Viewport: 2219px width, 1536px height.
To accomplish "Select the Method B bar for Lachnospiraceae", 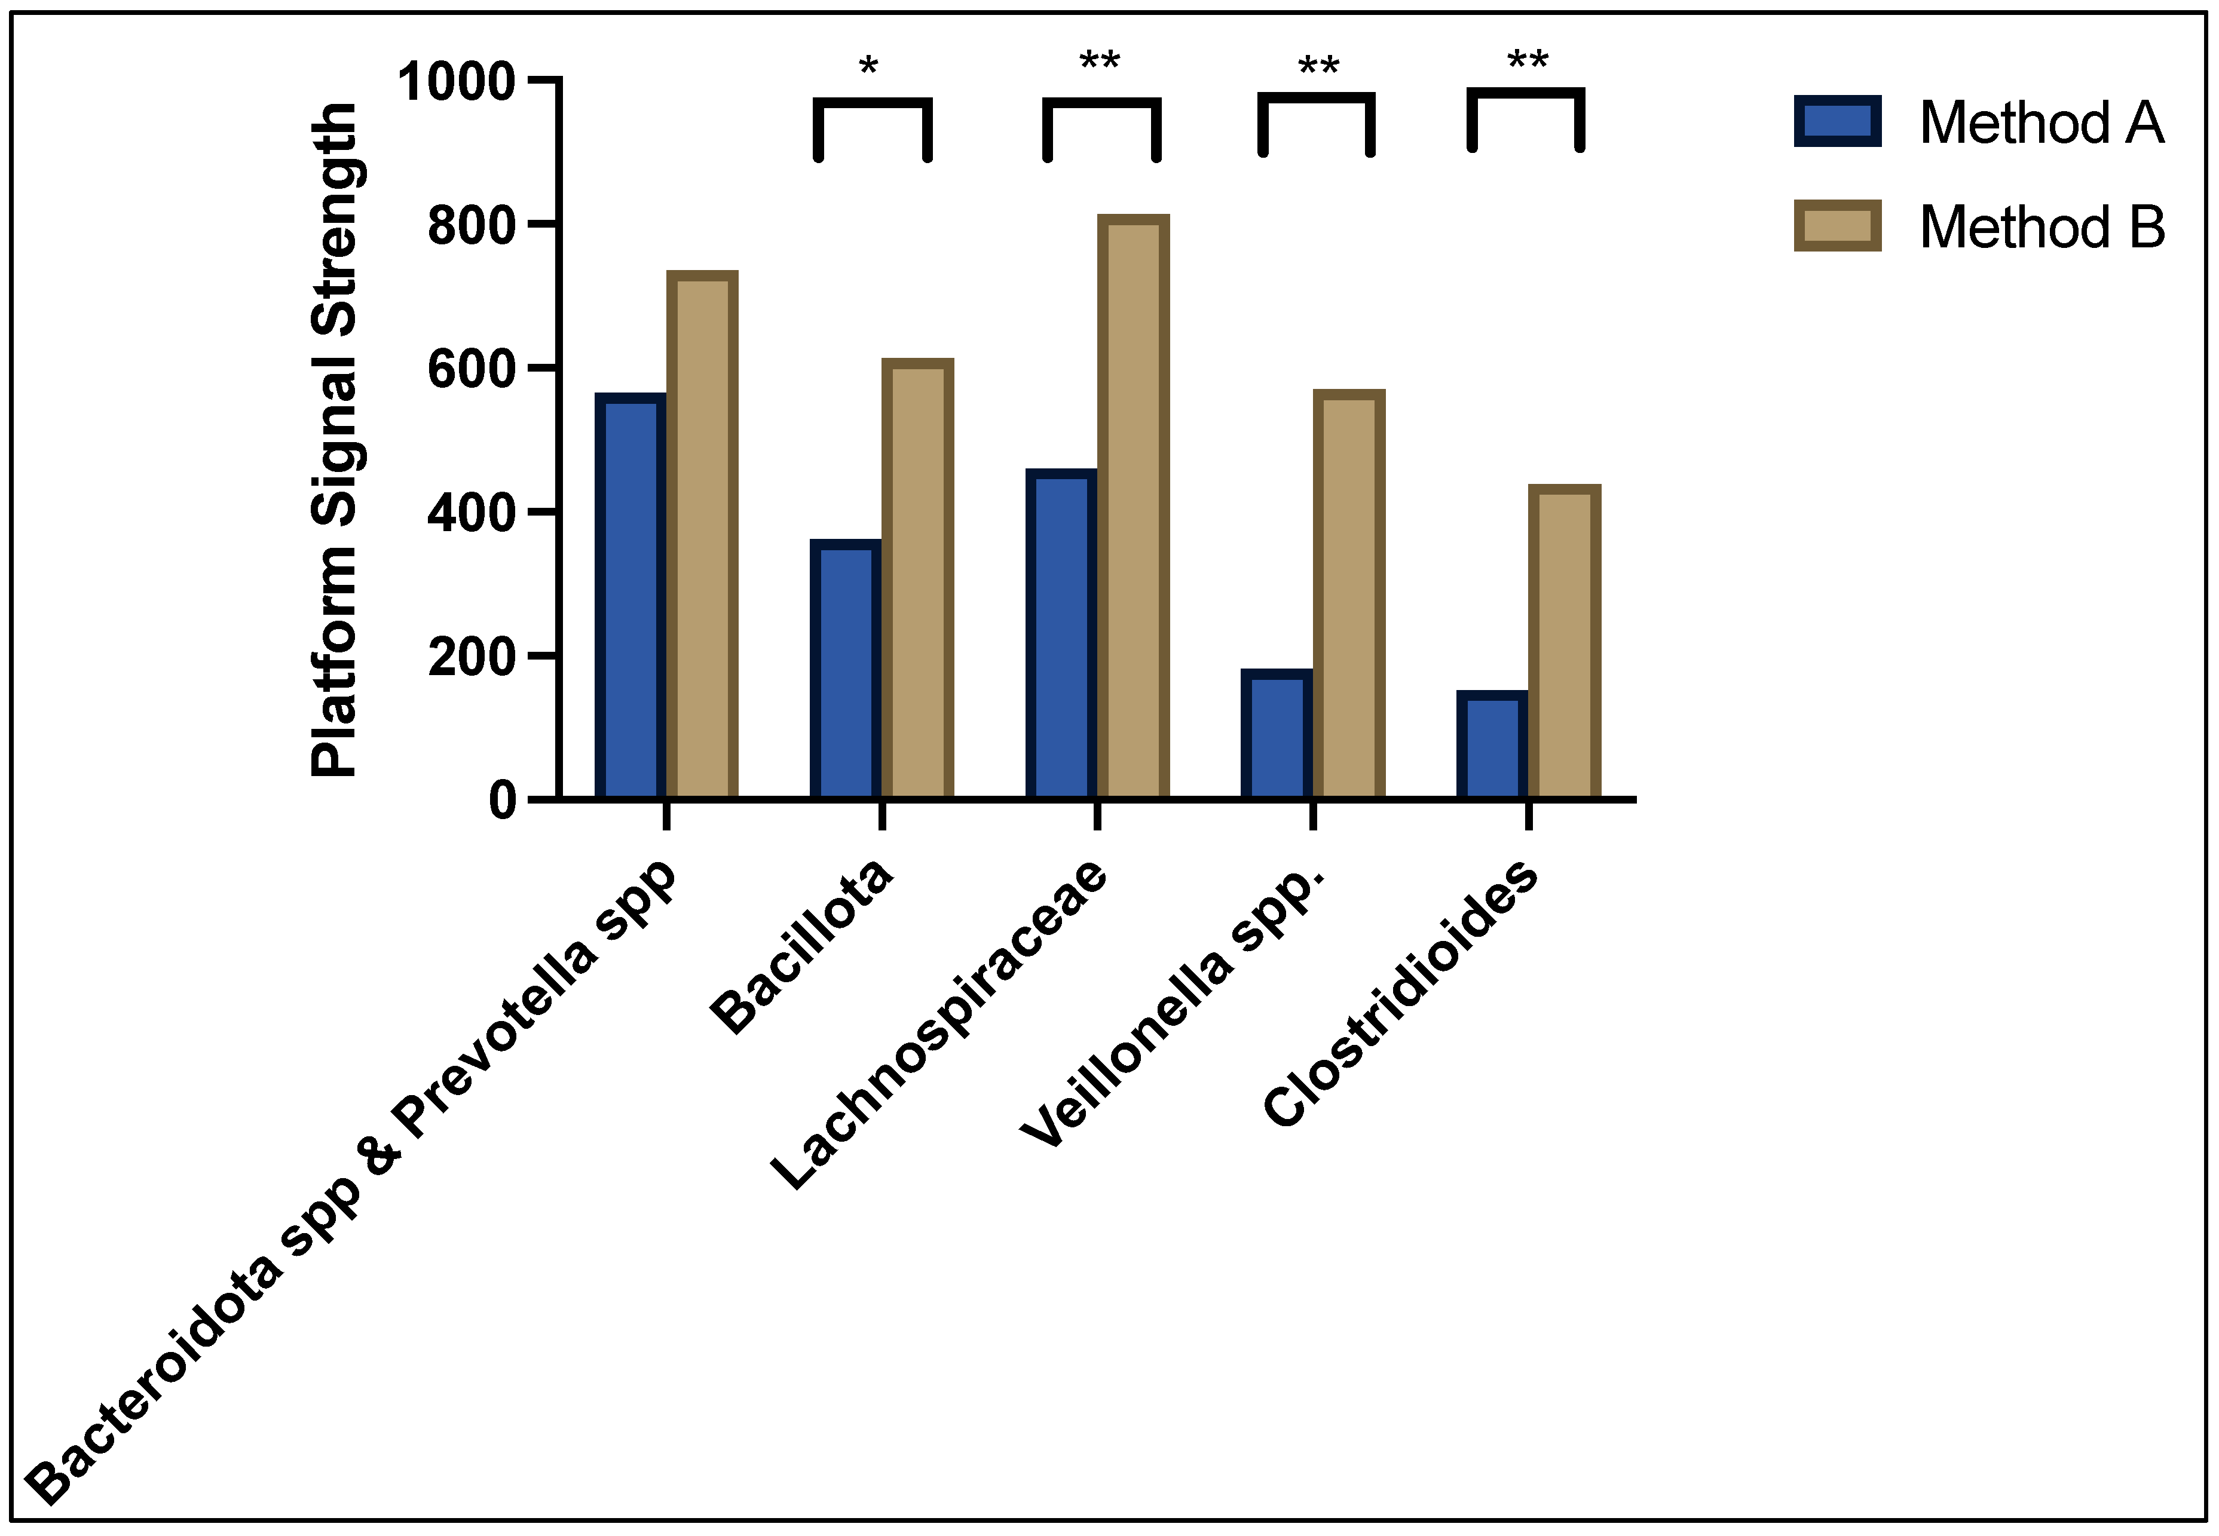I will [1133, 507].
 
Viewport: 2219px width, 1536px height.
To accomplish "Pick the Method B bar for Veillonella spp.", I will [1349, 595].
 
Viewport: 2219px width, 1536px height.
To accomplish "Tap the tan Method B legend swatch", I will [1837, 226].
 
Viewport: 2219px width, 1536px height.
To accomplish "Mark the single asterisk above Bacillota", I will [868, 68].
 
